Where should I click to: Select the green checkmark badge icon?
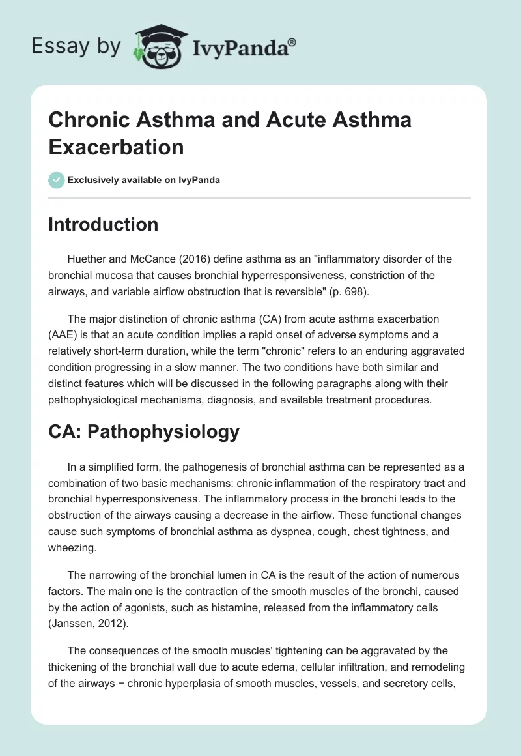tap(57, 180)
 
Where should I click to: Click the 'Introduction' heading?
tap(104, 224)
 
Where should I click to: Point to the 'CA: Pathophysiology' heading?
tap(144, 431)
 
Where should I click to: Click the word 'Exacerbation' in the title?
tap(116, 147)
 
